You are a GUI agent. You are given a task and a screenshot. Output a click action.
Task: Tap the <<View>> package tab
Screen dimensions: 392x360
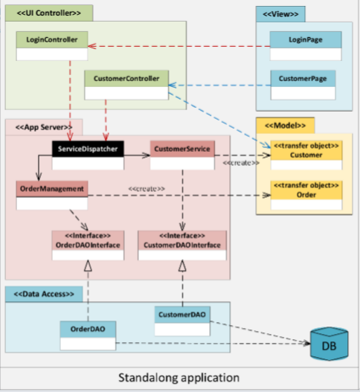[280, 13]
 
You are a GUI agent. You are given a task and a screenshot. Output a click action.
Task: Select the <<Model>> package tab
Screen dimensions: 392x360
[285, 125]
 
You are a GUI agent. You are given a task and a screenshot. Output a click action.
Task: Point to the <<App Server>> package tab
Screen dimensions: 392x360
[39, 126]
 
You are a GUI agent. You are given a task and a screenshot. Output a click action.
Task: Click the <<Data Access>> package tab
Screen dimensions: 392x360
[45, 294]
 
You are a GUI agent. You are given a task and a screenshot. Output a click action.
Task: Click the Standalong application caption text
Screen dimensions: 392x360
[179, 377]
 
